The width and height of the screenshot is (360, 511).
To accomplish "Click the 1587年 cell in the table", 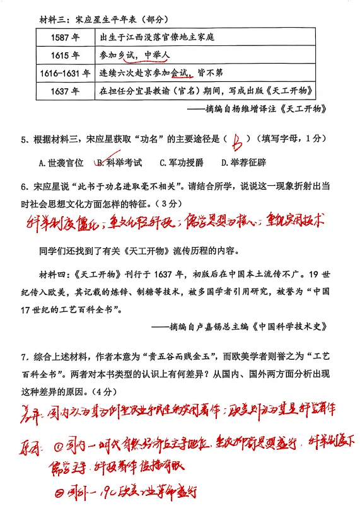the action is click(66, 37).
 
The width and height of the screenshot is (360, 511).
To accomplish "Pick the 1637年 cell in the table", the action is click(66, 91).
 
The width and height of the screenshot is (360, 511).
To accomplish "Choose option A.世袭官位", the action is click(61, 163).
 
